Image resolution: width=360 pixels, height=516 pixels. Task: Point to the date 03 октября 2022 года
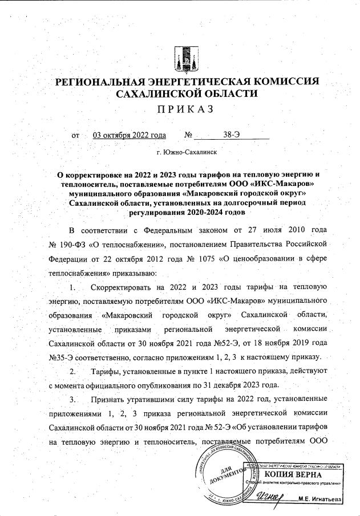point(130,135)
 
